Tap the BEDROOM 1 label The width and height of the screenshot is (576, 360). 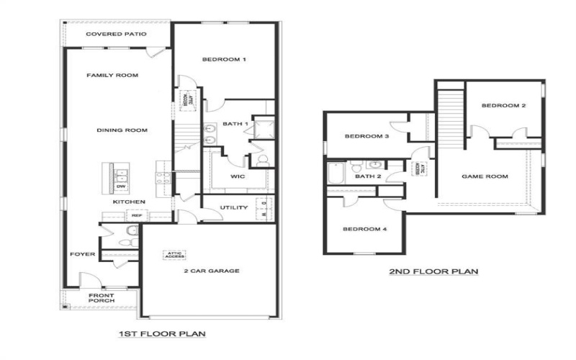point(224,59)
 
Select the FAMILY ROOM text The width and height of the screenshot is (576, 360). point(112,76)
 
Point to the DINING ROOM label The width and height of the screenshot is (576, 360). point(122,130)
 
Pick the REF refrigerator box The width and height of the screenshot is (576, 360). point(136,215)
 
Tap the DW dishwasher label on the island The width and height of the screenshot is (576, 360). point(120,186)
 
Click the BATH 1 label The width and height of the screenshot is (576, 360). point(235,124)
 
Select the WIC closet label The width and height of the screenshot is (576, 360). point(238,176)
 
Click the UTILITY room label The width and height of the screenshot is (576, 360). point(233,208)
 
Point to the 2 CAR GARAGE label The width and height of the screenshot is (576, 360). point(210,271)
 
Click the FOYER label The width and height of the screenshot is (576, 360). point(79,254)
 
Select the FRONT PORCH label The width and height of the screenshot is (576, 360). point(101,299)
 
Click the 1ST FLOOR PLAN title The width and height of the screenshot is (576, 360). point(162,334)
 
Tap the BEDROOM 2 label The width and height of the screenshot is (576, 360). point(503,106)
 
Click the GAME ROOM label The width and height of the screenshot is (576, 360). point(485,176)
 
